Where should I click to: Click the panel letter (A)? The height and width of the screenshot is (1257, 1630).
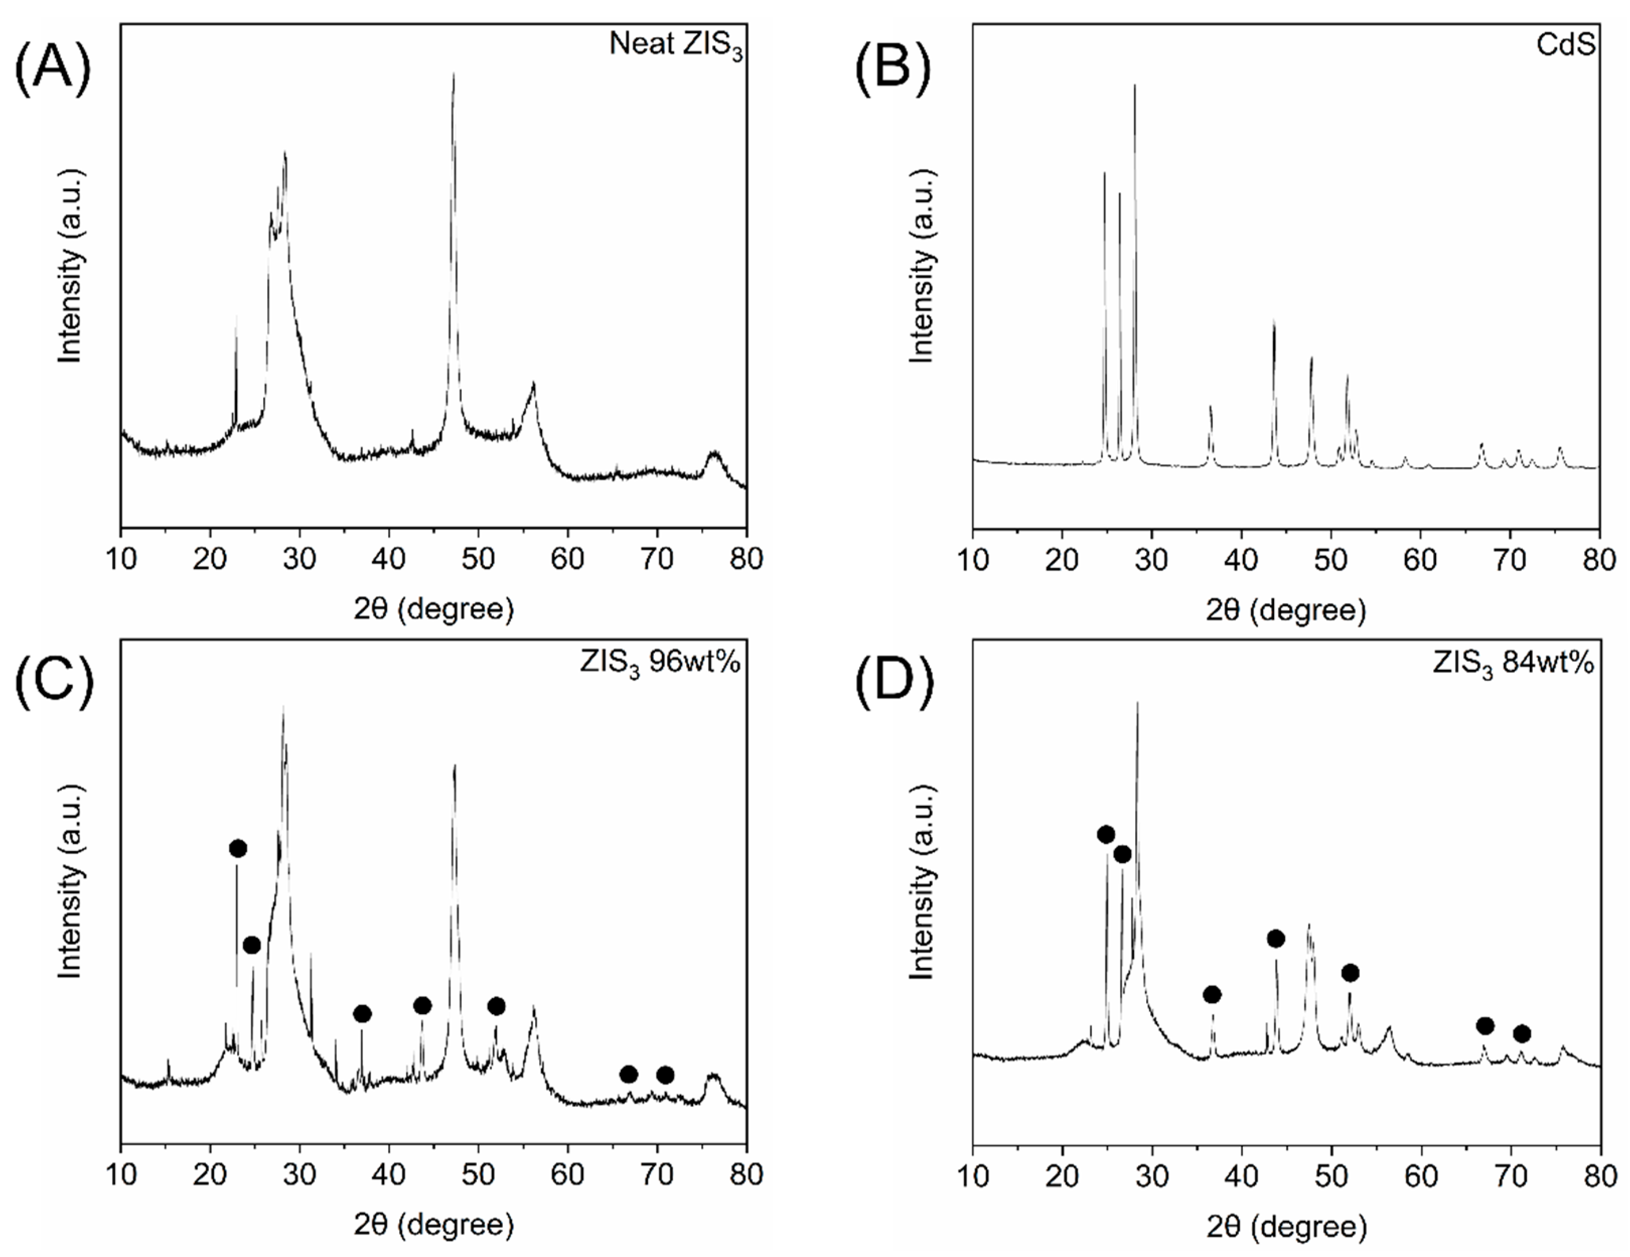[52, 67]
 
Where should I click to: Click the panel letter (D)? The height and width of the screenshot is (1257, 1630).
[894, 683]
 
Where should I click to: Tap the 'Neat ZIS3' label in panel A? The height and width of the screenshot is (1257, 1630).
[676, 45]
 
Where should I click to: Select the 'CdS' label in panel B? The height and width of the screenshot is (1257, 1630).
[1565, 45]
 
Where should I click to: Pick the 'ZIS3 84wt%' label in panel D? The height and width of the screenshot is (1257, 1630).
[1513, 663]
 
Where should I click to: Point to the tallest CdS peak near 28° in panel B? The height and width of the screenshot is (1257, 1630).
[1135, 86]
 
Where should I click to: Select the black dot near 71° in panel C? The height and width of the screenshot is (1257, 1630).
[665, 1075]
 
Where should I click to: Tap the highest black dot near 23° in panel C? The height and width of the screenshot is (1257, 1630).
[237, 848]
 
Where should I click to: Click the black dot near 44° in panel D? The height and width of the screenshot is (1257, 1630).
[1276, 938]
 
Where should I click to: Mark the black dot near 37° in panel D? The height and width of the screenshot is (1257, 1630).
[1212, 994]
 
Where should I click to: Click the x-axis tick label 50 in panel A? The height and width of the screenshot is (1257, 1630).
[478, 559]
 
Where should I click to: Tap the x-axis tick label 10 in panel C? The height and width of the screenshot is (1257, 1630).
[121, 1175]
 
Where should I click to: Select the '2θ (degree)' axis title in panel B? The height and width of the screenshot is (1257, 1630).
[1285, 610]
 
